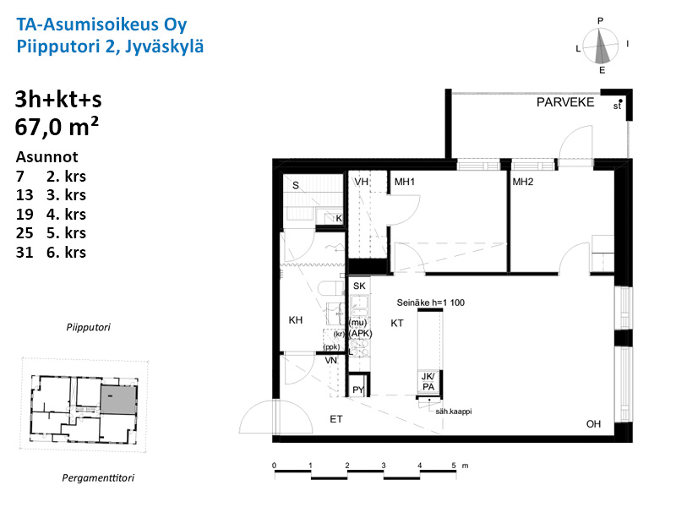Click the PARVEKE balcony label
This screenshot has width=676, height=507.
(565, 102)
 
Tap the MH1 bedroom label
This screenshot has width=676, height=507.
(405, 182)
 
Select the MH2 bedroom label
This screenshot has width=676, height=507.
(523, 182)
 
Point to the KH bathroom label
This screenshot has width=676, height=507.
(295, 320)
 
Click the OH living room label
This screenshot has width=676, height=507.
(593, 424)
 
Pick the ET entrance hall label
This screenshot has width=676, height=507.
(336, 419)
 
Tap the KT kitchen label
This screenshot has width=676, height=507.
(397, 323)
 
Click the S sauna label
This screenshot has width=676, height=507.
(295, 185)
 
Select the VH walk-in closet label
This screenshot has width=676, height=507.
(362, 182)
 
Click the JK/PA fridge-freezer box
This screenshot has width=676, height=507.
(429, 382)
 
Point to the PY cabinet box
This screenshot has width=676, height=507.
(358, 385)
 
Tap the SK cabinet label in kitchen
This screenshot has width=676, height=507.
(359, 286)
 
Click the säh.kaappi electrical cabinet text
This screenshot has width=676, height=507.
(454, 412)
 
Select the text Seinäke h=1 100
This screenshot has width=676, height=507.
(431, 303)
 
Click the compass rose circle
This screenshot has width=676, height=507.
(601, 46)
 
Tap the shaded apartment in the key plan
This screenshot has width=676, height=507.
(118, 400)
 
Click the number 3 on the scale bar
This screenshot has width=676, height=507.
(384, 466)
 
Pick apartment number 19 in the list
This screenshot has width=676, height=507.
(25, 214)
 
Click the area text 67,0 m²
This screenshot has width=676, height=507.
(57, 127)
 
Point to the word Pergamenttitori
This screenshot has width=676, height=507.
(98, 477)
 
